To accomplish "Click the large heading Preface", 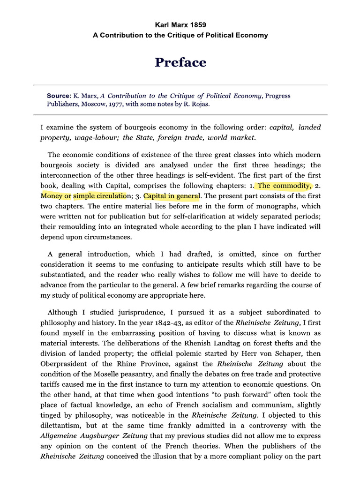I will point(180,62).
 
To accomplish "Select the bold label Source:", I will point(59,96).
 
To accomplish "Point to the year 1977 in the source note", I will point(115,104).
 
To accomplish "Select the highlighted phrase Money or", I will point(55,195).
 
